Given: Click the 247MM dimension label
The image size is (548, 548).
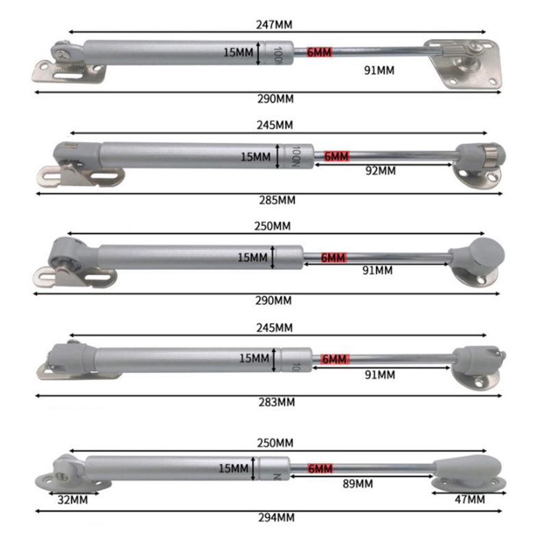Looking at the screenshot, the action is coord(274,25).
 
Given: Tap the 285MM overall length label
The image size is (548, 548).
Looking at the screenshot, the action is coord(277,200).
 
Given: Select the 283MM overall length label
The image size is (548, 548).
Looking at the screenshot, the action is coord(277,402).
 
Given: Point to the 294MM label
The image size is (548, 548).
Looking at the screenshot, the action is coord(277,518).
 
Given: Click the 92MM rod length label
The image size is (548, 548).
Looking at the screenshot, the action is coord(381,171).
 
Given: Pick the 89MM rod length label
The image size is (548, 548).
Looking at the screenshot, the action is coord(358,484).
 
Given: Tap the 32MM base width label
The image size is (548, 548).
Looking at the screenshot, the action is coord(73,500).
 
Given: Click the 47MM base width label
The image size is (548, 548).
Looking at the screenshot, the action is coord(470,500).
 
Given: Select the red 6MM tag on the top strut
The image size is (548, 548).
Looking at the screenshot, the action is coord(319,53).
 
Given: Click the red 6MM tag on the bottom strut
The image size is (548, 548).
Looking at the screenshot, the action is coord(320,469).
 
